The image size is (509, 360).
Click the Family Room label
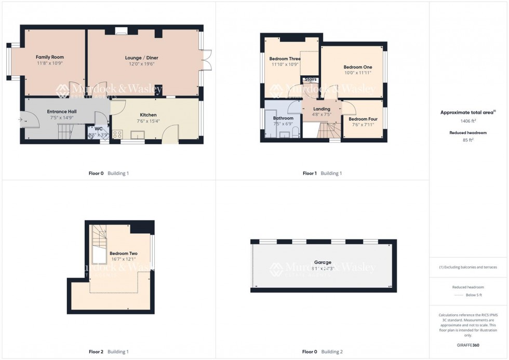[50, 57]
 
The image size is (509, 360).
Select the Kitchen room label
[148, 115]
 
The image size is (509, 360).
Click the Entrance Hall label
[62, 111]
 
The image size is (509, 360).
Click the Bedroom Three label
[285, 59]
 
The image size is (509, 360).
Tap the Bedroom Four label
[363, 119]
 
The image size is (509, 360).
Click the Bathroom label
[283, 118]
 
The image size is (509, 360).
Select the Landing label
[322, 109]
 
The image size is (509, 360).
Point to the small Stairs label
[311, 79]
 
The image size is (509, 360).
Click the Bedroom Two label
[123, 253]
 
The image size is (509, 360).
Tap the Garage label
[322, 262]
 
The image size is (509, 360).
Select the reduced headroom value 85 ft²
[468, 140]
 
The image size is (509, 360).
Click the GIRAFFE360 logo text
[468, 345]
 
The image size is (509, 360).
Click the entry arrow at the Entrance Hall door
[21, 120]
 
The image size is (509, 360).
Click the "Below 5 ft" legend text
[473, 295]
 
